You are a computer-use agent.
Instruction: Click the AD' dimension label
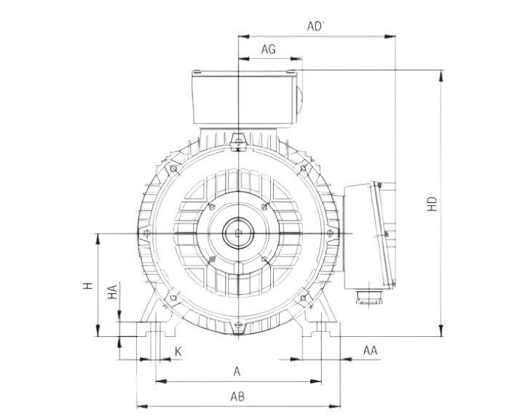point(315,26)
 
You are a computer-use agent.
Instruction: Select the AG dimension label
point(268,49)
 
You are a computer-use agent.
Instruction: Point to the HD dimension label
point(432,204)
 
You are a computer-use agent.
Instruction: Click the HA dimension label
point(112,293)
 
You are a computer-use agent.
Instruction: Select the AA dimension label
point(370,351)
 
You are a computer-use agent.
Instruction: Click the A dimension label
point(237,371)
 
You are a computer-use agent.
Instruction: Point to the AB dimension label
point(237,397)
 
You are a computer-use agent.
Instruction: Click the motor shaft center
point(238,233)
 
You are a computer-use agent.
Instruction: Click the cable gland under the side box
point(368,296)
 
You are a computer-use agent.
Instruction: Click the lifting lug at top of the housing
point(237,140)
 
